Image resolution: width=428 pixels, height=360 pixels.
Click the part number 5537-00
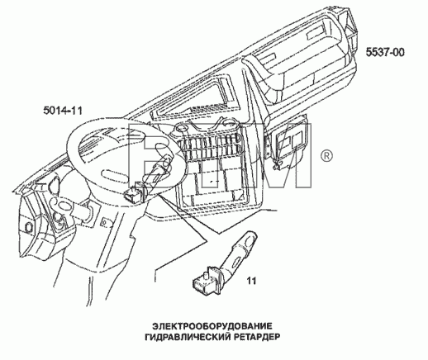click(385, 52)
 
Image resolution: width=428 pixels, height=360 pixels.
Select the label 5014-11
click(63, 111)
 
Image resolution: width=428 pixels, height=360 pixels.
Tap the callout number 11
click(251, 281)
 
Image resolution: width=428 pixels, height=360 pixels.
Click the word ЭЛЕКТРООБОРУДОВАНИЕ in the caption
click(212, 326)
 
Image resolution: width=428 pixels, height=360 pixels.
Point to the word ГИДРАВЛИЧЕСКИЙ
click(186, 337)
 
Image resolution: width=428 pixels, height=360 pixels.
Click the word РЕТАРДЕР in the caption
click(255, 337)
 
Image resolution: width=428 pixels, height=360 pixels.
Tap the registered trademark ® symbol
click(326, 156)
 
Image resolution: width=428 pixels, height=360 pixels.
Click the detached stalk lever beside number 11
click(240, 252)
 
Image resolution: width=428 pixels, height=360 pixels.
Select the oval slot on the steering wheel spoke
click(114, 174)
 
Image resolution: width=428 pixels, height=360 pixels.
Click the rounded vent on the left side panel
click(55, 183)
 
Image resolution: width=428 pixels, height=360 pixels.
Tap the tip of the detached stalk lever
click(252, 234)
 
